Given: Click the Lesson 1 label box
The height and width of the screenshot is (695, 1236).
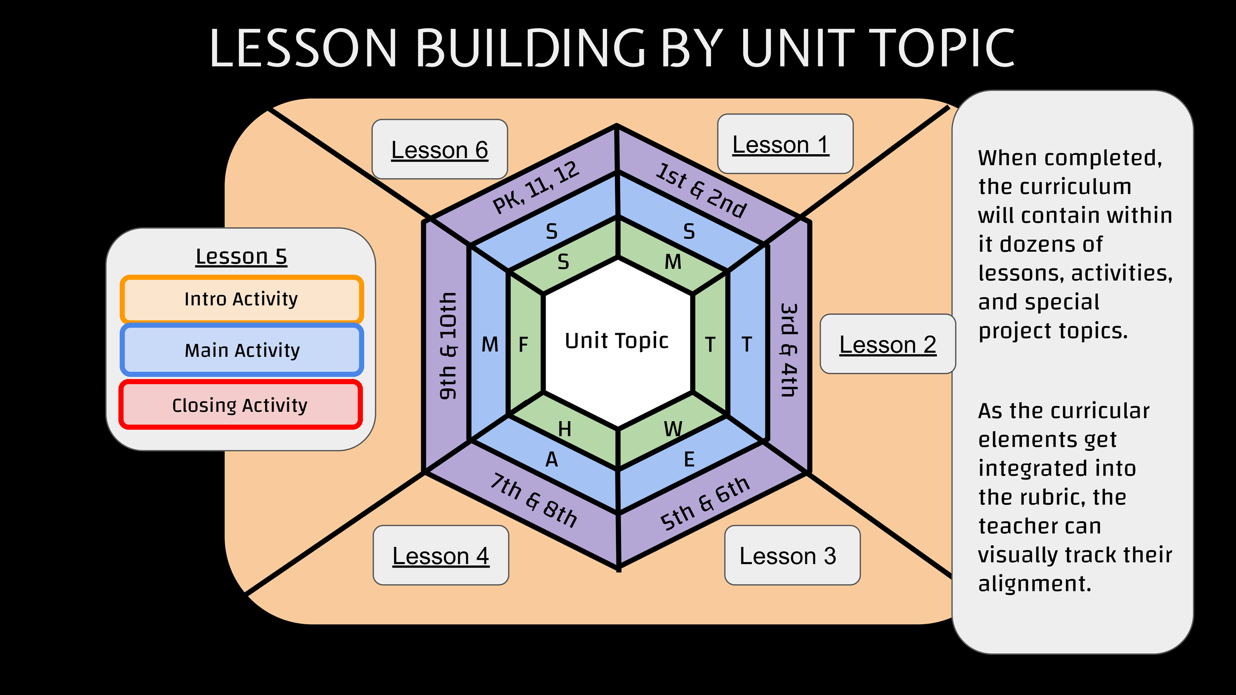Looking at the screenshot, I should coord(785,144).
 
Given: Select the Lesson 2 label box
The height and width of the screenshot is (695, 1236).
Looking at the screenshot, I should coord(887,344).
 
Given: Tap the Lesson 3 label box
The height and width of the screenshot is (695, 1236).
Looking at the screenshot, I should coord(792,556).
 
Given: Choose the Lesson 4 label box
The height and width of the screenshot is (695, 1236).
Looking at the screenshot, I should coord(441,556).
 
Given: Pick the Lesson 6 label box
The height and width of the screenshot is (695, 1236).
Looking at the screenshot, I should coord(440,149).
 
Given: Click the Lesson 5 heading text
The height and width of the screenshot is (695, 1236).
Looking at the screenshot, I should coord(241,257).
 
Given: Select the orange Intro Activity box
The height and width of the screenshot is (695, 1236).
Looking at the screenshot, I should coord(241,299).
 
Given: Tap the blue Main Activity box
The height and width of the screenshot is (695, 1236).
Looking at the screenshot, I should coord(242,350).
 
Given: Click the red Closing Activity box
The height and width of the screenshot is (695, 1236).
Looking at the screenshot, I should coord(240,405).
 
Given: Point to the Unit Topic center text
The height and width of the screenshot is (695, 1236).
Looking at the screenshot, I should coord(617,341).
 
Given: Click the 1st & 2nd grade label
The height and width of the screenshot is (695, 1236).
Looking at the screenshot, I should coord(701,190).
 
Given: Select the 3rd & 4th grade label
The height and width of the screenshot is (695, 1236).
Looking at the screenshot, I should coord(789,350).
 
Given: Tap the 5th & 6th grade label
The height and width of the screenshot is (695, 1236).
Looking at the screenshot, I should coord(705,504).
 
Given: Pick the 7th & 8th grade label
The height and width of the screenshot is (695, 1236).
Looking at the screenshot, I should coord(533,501).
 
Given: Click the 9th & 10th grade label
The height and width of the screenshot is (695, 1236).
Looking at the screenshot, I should coord(448,346).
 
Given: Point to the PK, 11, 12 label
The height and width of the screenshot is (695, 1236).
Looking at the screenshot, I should coord(536,187).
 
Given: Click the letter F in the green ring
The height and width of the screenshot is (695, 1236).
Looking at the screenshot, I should coord(524,345).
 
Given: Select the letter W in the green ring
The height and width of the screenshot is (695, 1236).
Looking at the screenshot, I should coord(673,429).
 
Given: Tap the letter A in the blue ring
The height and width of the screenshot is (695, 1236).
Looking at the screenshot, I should coord(552,460).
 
